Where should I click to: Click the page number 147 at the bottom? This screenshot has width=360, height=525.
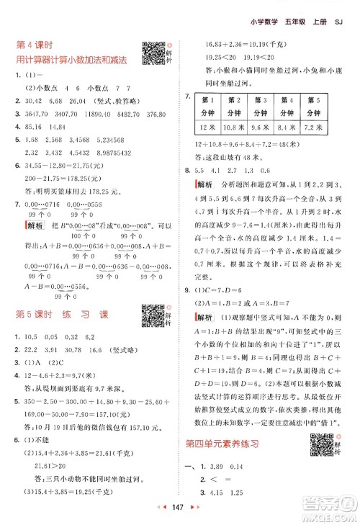point(180,508)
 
